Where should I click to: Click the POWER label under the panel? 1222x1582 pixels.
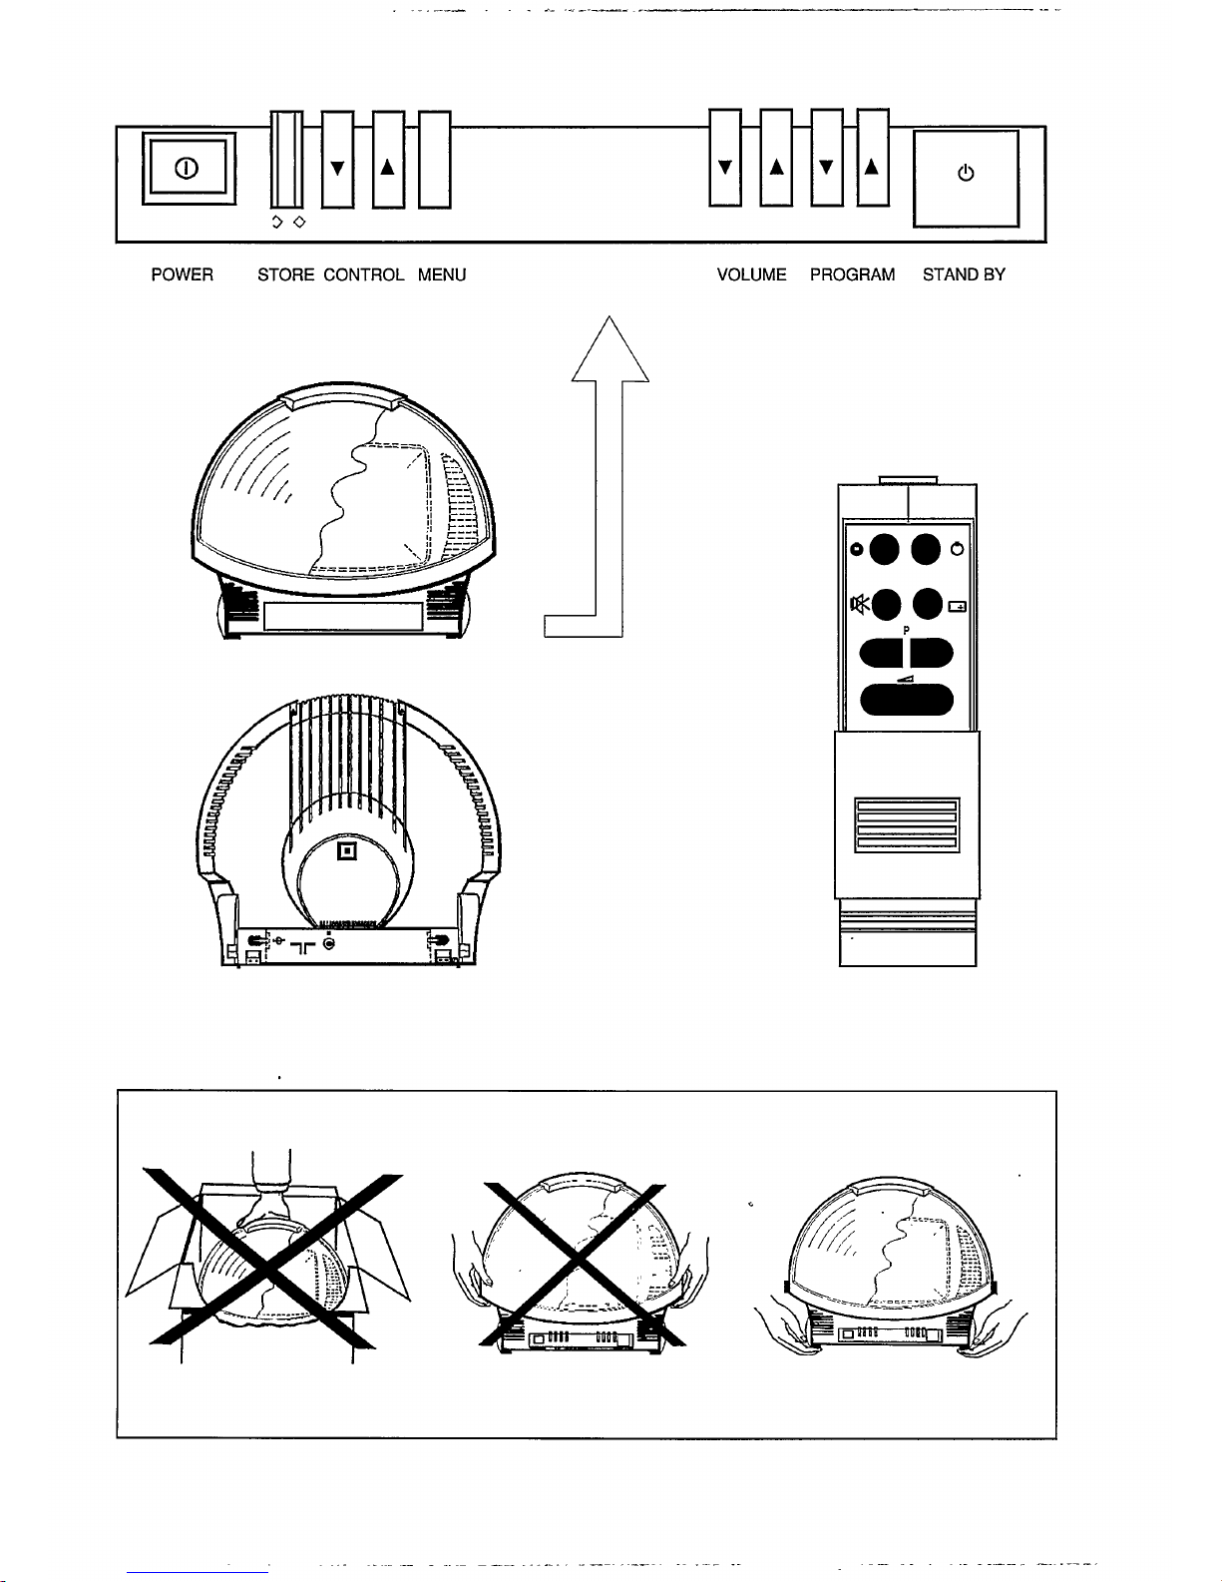point(182,274)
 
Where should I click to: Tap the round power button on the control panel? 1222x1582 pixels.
point(190,168)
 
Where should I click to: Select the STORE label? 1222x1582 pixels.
point(285,274)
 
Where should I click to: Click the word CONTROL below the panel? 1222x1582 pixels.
point(364,274)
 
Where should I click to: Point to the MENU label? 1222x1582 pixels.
point(442,274)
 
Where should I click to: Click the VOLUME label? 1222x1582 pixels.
point(751,274)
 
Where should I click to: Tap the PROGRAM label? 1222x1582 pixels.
point(852,274)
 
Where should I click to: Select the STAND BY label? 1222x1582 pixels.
point(964,274)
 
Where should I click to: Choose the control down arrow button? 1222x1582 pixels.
point(338,160)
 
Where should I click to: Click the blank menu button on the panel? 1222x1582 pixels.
point(434,160)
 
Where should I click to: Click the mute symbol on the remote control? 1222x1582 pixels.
point(857,603)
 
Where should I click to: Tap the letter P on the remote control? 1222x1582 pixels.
point(906,630)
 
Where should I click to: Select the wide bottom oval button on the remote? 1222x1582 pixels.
point(906,699)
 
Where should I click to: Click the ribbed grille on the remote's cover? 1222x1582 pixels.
point(907,824)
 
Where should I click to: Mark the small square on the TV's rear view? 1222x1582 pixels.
point(346,851)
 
